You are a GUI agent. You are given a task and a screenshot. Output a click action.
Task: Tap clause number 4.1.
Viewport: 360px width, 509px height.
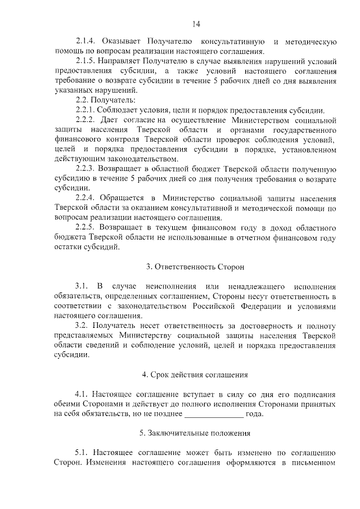[x=82, y=394]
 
